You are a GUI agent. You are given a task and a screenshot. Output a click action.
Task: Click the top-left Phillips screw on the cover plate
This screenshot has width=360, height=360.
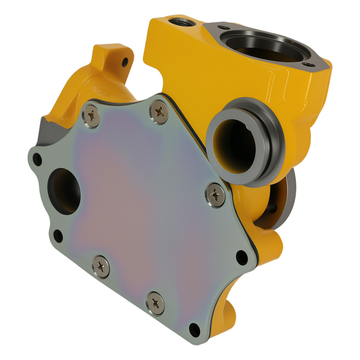pyautogui.click(x=91, y=116)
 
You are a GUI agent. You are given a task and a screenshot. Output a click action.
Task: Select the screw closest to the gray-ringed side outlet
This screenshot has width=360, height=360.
pyautogui.click(x=216, y=195)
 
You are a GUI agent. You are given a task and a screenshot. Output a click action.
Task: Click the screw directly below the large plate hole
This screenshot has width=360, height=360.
pyautogui.click(x=101, y=267)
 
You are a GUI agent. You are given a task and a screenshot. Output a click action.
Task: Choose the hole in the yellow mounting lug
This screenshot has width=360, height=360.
pyautogui.click(x=125, y=62)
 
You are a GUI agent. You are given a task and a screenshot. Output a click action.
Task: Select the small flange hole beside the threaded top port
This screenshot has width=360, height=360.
pyautogui.click(x=224, y=27)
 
